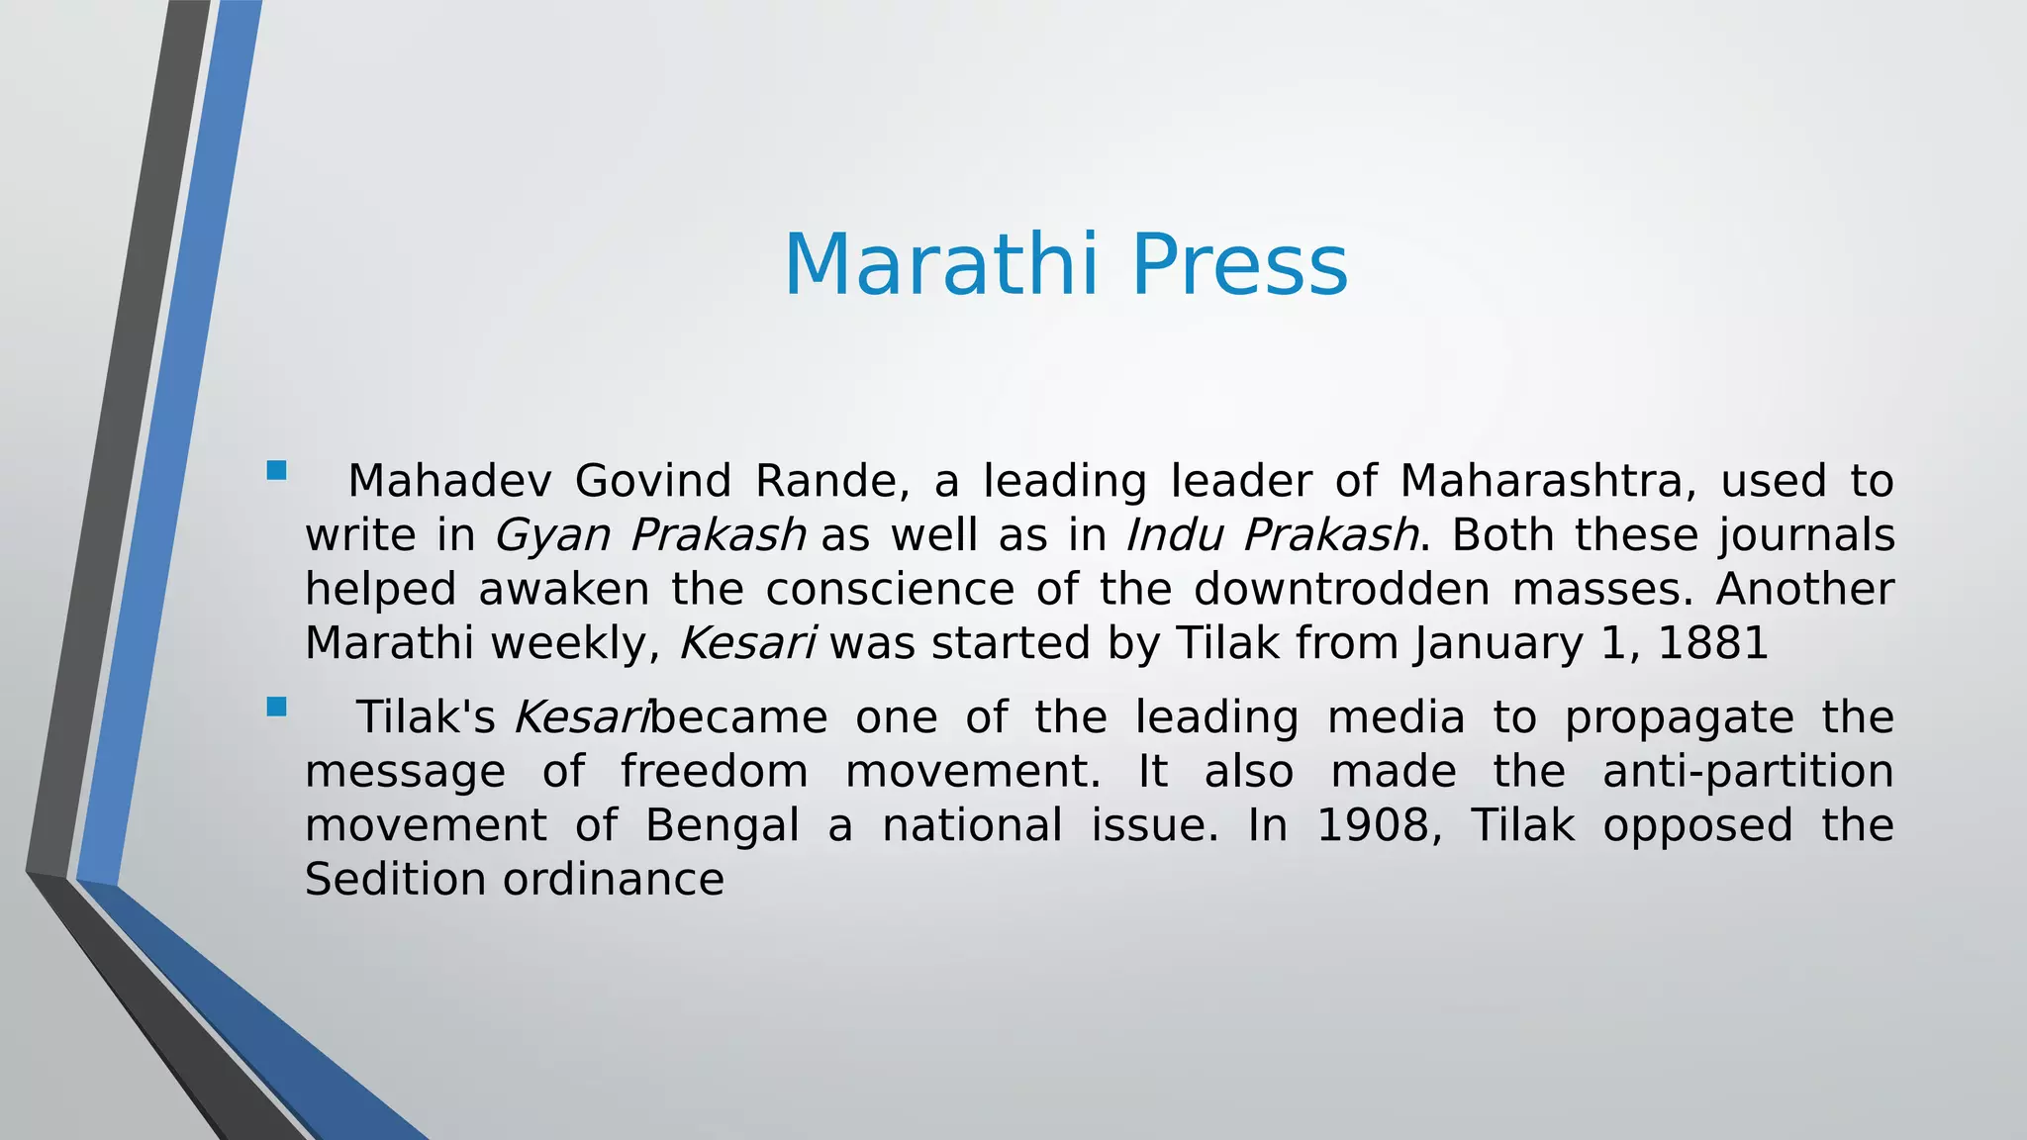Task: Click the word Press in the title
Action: (1239, 264)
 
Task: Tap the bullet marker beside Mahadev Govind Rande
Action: (276, 470)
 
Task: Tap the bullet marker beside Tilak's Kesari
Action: (276, 707)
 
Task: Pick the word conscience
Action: (890, 590)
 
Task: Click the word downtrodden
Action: (1341, 590)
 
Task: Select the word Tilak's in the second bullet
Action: (426, 717)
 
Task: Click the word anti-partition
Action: (1747, 772)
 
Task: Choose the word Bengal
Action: (722, 826)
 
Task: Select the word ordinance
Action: (614, 880)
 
